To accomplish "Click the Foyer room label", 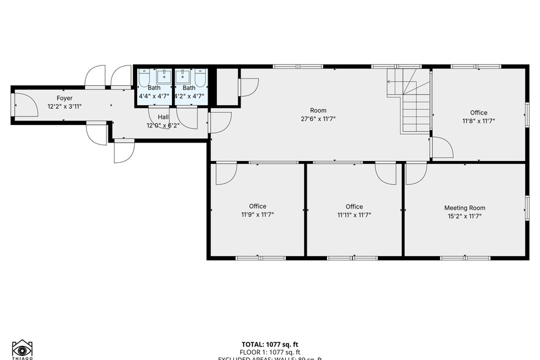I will pos(64,98).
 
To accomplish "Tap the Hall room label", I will pos(163,117).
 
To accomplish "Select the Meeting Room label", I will pos(465,208).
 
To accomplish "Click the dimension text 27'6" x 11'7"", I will pos(318,119).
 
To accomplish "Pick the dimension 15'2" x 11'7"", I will pos(465,216).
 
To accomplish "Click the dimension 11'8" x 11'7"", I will pos(478,121).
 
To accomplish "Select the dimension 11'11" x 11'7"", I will pos(354,215).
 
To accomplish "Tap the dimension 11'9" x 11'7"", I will pos(258,215).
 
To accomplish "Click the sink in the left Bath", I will pos(163,77).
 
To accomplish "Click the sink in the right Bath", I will pos(182,77).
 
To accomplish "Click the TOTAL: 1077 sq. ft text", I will pos(269,344).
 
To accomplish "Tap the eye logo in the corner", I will pos(22,350).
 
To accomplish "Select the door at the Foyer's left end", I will pos(22,104).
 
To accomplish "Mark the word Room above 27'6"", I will pos(318,110).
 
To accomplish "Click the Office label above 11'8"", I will pos(478,113).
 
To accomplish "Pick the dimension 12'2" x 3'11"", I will pos(64,107).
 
